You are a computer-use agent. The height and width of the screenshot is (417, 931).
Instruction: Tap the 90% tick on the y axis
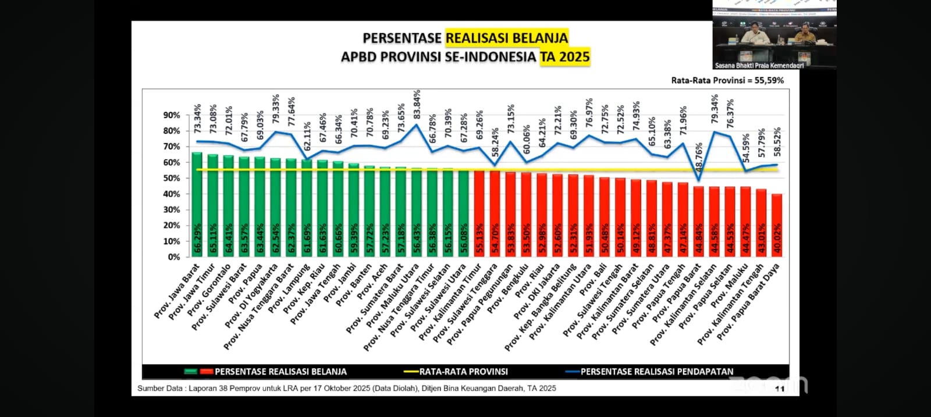pos(172,115)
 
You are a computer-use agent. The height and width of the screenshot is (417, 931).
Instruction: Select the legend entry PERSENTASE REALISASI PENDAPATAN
pos(656,372)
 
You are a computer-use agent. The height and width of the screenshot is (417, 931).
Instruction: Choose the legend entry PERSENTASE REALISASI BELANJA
pos(280,372)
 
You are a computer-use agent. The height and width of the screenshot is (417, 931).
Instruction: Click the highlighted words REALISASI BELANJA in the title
pos(506,38)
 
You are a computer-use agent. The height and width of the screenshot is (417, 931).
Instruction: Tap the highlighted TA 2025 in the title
pos(564,57)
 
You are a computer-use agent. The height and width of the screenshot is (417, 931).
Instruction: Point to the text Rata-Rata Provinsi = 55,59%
pos(727,80)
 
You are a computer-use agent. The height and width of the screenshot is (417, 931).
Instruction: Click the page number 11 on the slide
pos(780,389)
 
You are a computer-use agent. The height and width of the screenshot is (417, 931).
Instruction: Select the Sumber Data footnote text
pos(346,388)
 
